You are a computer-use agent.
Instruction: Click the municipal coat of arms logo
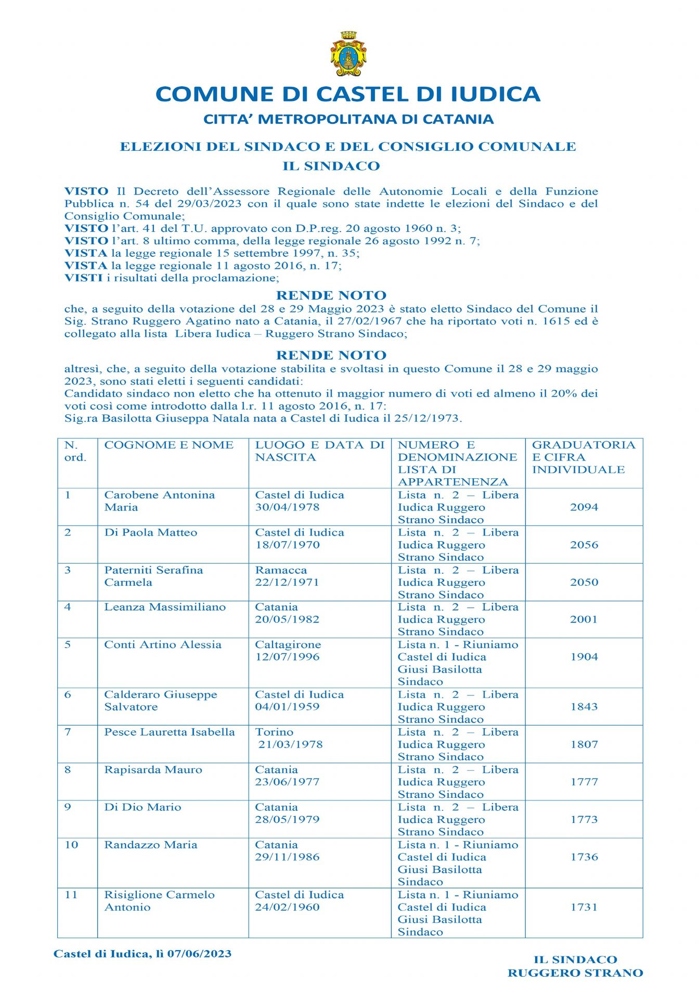pos(348,54)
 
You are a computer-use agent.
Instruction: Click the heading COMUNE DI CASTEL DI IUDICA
pos(348,94)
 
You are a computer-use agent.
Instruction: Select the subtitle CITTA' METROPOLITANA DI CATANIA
pos(348,119)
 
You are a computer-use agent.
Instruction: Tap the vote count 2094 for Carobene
pos(584,507)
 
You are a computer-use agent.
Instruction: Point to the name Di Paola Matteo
pos(151,533)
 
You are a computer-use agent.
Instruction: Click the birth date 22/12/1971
pos(287,582)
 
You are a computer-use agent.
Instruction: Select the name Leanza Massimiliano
pos(165,607)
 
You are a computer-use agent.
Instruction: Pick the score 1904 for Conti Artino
pos(584,657)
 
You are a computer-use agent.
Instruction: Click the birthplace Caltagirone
pos(288,645)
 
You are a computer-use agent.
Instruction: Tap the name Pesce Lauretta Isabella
pos(170,732)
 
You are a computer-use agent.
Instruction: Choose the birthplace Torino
pos(274,732)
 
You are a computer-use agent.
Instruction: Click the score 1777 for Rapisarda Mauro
pos(584,782)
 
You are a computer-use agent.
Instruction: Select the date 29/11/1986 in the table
pos(287,857)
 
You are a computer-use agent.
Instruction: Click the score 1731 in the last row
pos(584,907)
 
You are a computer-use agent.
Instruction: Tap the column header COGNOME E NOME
pos(169,445)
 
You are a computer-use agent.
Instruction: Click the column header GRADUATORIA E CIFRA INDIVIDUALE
pos(584,457)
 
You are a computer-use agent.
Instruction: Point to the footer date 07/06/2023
pos(199,954)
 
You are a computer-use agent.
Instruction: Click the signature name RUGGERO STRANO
pos(575,973)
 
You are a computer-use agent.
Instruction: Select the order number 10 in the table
pos(71,845)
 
